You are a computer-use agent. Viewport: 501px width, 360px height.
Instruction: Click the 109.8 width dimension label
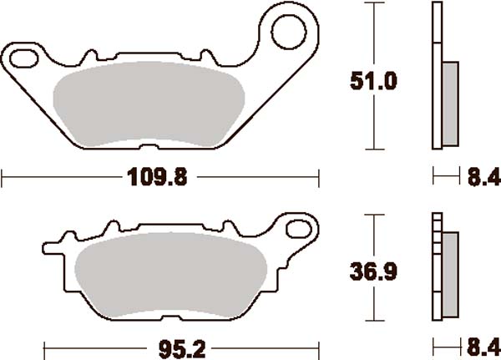pos(151,177)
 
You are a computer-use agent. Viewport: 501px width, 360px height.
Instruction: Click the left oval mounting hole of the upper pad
pos(24,58)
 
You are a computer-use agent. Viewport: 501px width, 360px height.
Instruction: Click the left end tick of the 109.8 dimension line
pos(3,177)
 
